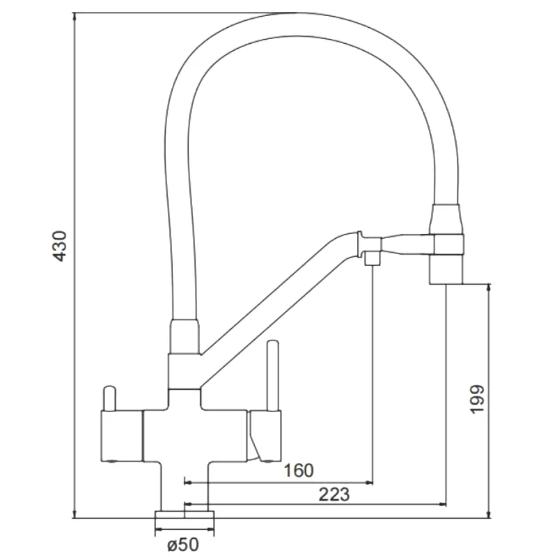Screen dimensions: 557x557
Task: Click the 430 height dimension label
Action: pyautogui.click(x=61, y=246)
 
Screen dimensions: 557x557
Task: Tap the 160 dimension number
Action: pyautogui.click(x=299, y=471)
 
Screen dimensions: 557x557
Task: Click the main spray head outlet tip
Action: pyautogui.click(x=446, y=271)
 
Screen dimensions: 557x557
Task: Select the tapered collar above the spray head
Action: pyautogui.click(x=446, y=219)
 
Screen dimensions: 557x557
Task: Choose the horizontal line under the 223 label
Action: pyautogui.click(x=313, y=504)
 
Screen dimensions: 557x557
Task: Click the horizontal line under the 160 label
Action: pyautogui.click(x=278, y=481)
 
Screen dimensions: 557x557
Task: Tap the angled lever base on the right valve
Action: pyautogui.click(x=263, y=439)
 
